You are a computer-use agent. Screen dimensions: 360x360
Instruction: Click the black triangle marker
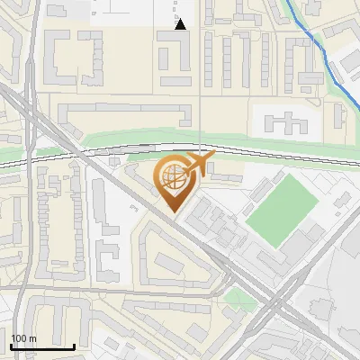tap(180, 24)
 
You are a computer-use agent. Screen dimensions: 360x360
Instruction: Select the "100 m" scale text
tap(23, 338)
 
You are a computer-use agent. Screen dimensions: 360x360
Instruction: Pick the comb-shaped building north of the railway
tap(284, 123)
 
